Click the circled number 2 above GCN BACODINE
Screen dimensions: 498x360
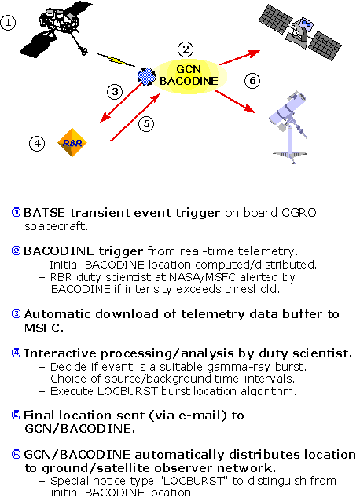(x=185, y=49)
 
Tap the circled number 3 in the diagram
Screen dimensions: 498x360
(x=114, y=91)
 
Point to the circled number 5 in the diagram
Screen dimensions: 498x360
(x=144, y=123)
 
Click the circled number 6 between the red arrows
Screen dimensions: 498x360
(x=252, y=80)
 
